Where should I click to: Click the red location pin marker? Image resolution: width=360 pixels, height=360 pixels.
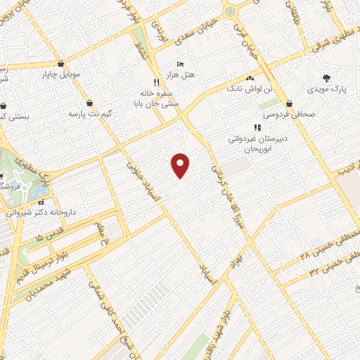(181, 165)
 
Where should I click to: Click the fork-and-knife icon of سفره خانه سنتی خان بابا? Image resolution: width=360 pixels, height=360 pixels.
(157, 81)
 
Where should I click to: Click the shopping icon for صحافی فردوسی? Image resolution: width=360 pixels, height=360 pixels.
(289, 103)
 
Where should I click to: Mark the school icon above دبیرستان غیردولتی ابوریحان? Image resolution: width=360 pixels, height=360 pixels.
(257, 127)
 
